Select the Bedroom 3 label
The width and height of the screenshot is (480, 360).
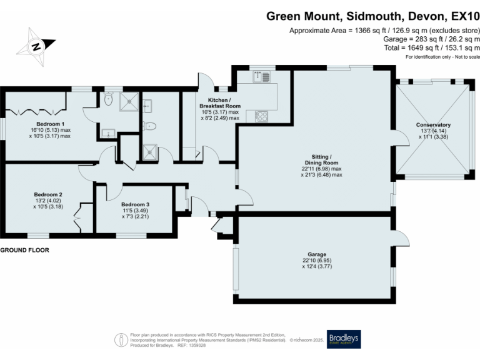135,204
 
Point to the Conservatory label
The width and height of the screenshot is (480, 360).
433,125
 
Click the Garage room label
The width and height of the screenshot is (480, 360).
317,255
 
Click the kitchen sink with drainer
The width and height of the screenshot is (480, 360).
261,77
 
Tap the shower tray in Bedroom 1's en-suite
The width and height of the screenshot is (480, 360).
127,100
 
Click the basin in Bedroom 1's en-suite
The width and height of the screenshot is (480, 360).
106,132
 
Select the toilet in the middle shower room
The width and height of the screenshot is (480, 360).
149,125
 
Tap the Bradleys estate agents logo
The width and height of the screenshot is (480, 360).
343,339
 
